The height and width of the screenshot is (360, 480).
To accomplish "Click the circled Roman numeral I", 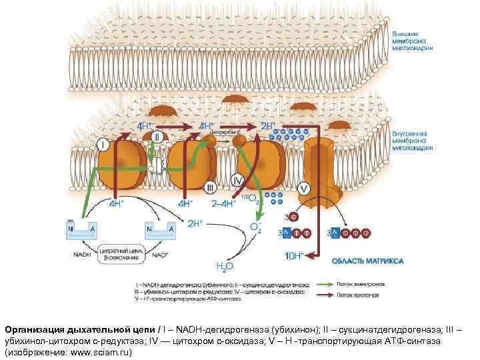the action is click(104, 144).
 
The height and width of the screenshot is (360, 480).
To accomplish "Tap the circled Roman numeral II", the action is click(157, 136).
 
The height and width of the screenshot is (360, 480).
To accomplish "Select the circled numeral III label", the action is click(209, 187).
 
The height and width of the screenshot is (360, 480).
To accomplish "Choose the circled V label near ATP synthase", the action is click(304, 189).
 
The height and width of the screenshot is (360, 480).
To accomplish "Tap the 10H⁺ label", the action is click(293, 255).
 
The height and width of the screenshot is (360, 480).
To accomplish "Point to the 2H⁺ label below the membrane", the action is click(195, 223).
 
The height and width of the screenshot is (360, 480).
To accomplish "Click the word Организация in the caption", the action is click(33, 328).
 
